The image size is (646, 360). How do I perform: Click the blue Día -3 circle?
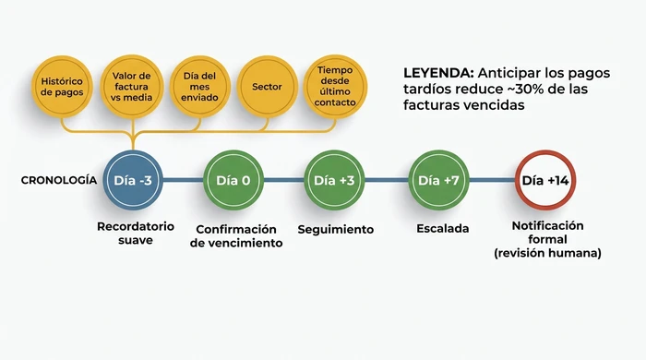(x=132, y=180)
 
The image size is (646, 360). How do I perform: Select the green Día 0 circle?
(x=233, y=180)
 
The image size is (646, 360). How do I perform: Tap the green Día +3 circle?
(x=334, y=180)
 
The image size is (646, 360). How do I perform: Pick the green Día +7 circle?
(x=438, y=180)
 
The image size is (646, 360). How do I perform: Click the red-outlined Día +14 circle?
(x=544, y=180)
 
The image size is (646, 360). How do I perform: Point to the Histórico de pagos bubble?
(x=63, y=87)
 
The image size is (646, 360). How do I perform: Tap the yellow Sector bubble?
(x=267, y=87)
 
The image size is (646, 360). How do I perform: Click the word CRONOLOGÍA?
(x=59, y=180)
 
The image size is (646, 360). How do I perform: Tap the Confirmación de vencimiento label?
(x=237, y=236)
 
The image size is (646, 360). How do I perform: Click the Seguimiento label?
(x=335, y=229)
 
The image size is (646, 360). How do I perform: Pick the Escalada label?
(x=443, y=229)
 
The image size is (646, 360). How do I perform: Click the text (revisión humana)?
(x=547, y=253)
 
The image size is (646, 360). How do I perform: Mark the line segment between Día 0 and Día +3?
(x=283, y=180)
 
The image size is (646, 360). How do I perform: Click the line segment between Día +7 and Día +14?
(x=491, y=180)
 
